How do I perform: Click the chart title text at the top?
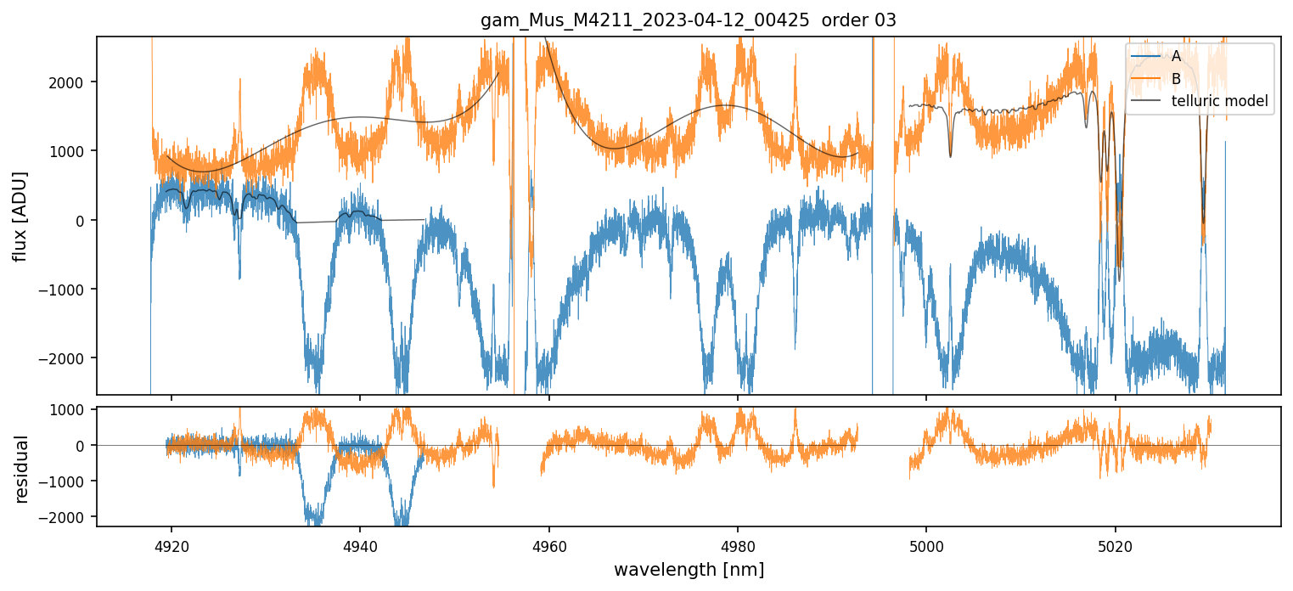click(x=689, y=20)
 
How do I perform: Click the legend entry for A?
click(x=1176, y=56)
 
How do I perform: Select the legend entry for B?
click(x=1176, y=79)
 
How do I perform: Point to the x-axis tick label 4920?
click(x=171, y=543)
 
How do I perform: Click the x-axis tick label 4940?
click(x=360, y=543)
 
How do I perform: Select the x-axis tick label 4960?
click(x=548, y=543)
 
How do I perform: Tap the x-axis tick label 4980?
click(x=738, y=543)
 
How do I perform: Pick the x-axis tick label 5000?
click(x=926, y=543)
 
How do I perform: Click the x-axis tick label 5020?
click(x=1115, y=543)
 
